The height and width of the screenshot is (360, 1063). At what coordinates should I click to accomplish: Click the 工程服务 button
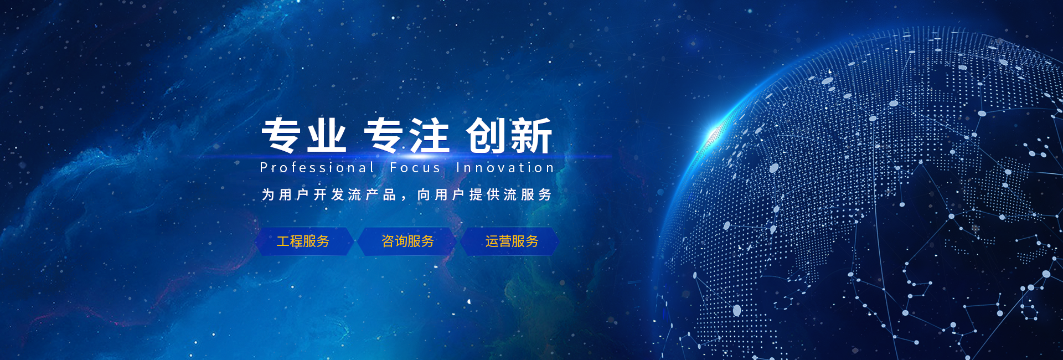pyautogui.click(x=303, y=241)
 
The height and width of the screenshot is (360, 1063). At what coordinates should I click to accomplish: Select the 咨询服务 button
pyautogui.click(x=407, y=241)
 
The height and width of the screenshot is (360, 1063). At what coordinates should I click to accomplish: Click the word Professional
pyautogui.click(x=317, y=167)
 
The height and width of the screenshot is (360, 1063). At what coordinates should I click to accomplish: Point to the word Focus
pyautogui.click(x=415, y=167)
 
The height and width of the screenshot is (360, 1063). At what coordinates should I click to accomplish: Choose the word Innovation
pyautogui.click(x=505, y=167)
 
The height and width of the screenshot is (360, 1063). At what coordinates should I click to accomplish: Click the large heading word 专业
pyautogui.click(x=304, y=135)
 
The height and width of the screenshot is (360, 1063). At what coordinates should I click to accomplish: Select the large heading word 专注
pyautogui.click(x=406, y=135)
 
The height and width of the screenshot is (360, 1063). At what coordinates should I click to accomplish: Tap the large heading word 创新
pyautogui.click(x=509, y=135)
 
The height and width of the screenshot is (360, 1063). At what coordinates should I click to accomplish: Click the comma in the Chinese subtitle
pyautogui.click(x=404, y=198)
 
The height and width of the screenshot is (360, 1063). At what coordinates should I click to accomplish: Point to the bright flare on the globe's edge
pyautogui.click(x=714, y=133)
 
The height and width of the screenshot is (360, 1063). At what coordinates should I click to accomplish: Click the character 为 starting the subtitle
pyautogui.click(x=268, y=194)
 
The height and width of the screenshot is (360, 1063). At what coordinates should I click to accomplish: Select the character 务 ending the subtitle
pyautogui.click(x=545, y=194)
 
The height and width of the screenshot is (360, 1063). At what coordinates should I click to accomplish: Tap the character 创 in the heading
pyautogui.click(x=486, y=135)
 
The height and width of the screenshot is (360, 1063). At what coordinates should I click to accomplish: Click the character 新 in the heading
pyautogui.click(x=531, y=135)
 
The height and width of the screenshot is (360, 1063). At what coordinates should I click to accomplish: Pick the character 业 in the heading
pyautogui.click(x=327, y=135)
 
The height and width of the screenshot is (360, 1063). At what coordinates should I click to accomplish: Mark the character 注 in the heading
pyautogui.click(x=429, y=135)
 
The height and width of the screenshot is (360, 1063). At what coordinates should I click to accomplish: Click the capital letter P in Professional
pyautogui.click(x=264, y=167)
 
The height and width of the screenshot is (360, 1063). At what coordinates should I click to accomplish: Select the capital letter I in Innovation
pyautogui.click(x=458, y=167)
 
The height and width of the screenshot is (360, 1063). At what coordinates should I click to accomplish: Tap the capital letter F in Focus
pyautogui.click(x=394, y=167)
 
